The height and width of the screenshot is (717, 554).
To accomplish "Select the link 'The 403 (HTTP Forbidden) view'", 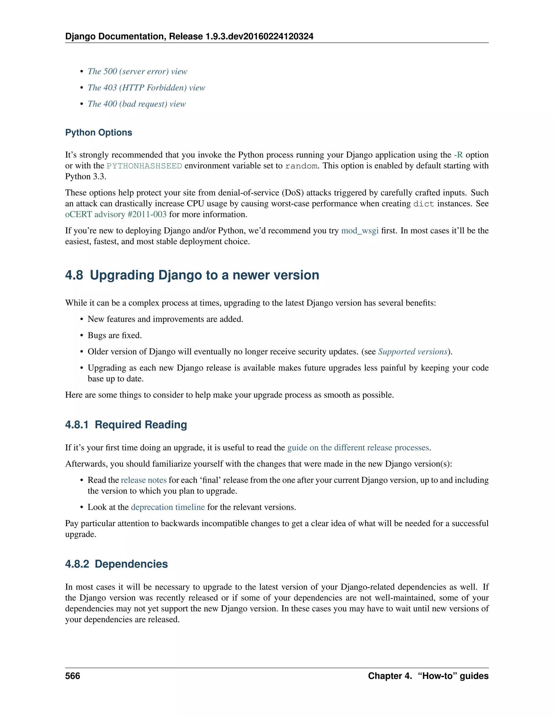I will tap(146, 88).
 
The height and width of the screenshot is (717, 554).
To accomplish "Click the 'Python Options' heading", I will tap(98, 133).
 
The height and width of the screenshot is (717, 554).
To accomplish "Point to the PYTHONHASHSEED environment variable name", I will tap(144, 166).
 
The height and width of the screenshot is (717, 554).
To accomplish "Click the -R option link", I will tap(458, 155).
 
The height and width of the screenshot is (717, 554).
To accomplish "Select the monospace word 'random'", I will tap(301, 166).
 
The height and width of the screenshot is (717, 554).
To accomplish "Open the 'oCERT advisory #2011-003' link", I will tap(116, 214).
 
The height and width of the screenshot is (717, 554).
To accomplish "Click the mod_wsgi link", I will tap(360, 231).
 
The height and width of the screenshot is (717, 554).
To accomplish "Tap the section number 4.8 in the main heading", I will tap(74, 275).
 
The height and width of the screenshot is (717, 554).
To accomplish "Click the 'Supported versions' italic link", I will tap(413, 352).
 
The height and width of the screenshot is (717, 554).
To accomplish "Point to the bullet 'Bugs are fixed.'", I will tap(114, 336).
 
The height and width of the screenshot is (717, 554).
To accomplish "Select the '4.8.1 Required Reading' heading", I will tap(126, 425).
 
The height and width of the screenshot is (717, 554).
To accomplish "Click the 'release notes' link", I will tap(144, 480).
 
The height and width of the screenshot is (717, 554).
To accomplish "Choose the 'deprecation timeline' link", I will tap(168, 507).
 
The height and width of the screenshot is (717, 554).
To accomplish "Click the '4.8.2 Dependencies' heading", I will tap(117, 564).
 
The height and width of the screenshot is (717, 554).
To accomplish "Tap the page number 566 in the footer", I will tap(72, 676).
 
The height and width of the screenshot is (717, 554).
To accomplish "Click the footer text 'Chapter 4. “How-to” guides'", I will tap(428, 676).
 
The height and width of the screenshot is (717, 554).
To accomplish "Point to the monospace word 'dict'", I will tap(423, 204).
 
